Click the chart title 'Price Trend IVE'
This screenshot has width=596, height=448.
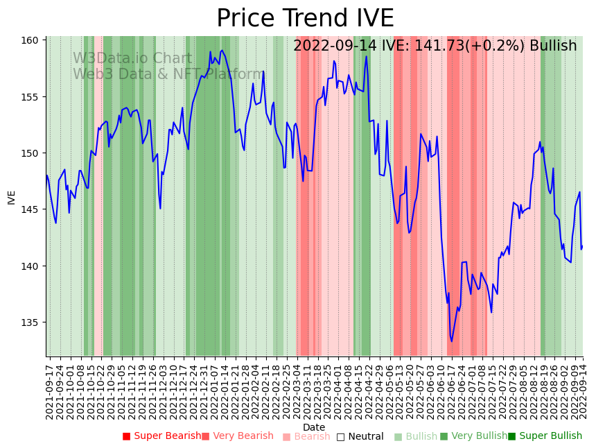tap(305, 19)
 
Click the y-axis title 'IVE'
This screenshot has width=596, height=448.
tap(11, 197)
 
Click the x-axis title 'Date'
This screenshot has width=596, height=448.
tap(314, 427)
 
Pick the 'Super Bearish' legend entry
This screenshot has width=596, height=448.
tap(161, 436)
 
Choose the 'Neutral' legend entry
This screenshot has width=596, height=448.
tap(360, 436)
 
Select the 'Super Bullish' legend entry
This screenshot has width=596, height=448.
tap(545, 436)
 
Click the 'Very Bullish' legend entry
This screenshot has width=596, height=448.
tap(473, 436)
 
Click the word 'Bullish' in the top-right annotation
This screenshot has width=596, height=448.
tap(553, 46)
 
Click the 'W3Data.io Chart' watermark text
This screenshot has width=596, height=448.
tap(132, 59)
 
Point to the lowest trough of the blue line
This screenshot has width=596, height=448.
tap(451, 341)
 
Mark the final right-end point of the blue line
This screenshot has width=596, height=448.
tap(583, 246)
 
